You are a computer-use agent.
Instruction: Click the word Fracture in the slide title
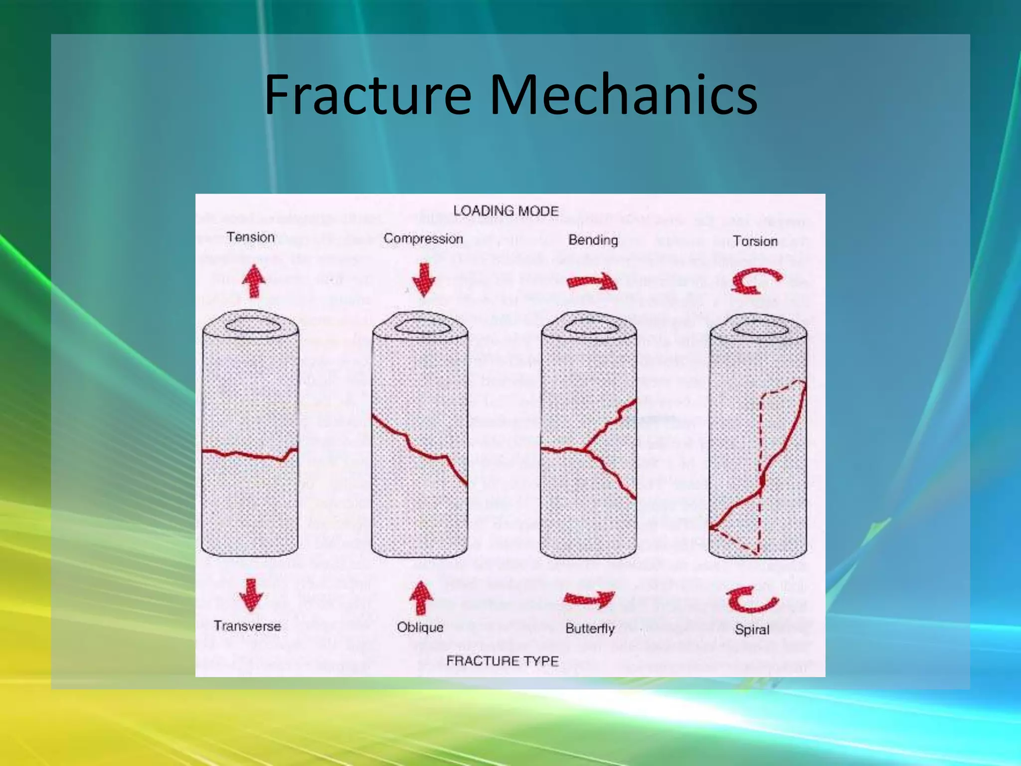pos(368,95)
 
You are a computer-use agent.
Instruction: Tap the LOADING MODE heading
pos(506,211)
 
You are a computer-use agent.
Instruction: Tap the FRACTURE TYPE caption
pos(503,661)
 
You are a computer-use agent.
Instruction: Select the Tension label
pos(250,237)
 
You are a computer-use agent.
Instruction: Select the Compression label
pos(423,239)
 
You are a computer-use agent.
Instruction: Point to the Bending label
pos(593,240)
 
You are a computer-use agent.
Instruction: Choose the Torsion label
pos(755,241)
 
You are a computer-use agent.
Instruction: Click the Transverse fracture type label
pos(247,626)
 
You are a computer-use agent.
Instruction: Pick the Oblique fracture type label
pos(420,627)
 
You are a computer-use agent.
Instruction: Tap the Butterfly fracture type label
pos(590,628)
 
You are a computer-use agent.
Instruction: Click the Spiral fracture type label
pos(752,630)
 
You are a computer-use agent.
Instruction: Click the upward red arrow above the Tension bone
pos(253,281)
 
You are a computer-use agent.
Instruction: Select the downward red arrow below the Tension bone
pos(251,594)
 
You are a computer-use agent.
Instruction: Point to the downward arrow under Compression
pos(424,280)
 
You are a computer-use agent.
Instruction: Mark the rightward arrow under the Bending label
pos(592,282)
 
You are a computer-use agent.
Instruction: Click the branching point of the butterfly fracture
pos(584,450)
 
